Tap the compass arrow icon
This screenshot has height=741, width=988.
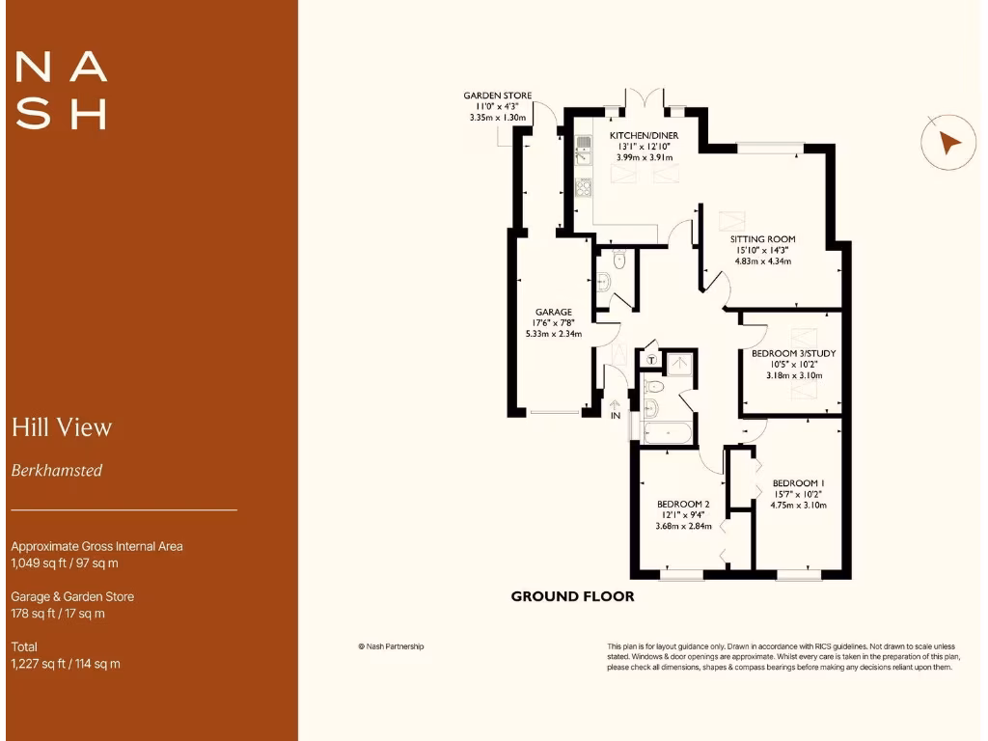tap(949, 143)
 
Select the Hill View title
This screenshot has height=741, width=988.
tap(62, 427)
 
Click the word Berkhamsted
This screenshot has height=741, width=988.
tap(57, 471)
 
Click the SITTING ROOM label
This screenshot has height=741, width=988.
tap(762, 239)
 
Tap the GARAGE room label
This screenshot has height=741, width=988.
tap(554, 313)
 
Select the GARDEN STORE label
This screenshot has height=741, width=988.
tap(497, 96)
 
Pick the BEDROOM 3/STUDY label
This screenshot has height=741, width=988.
tap(793, 354)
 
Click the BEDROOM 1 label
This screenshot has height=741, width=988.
tap(798, 483)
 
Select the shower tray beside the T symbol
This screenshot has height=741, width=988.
tap(680, 364)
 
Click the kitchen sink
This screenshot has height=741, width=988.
tap(583, 149)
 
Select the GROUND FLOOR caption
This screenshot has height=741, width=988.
tap(572, 596)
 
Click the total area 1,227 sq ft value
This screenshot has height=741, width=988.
tap(66, 664)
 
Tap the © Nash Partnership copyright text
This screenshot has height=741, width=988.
tap(391, 646)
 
